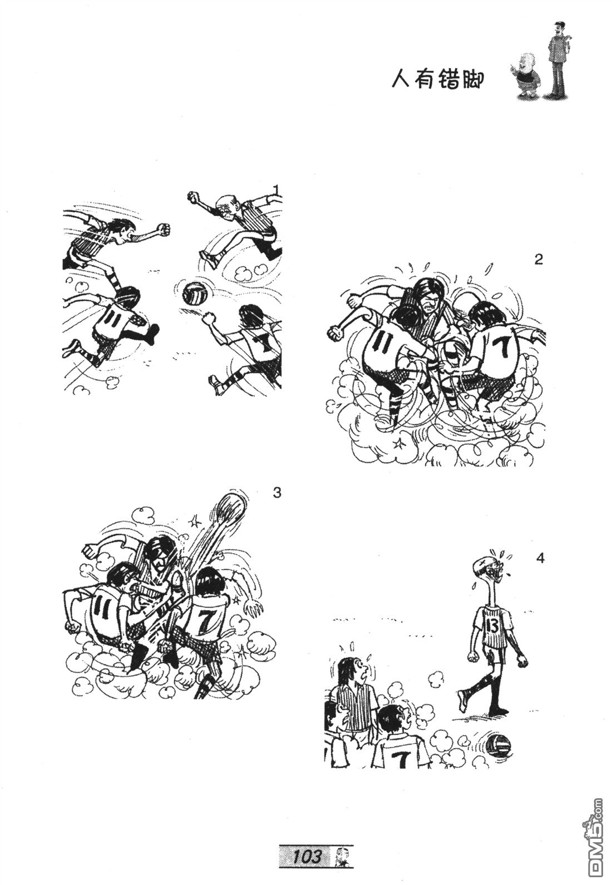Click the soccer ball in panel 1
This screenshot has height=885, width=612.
(194, 293)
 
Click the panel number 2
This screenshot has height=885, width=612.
(538, 260)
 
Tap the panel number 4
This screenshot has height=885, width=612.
(540, 558)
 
